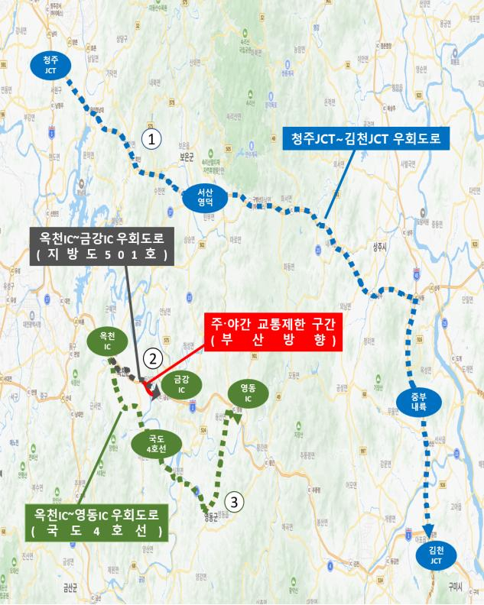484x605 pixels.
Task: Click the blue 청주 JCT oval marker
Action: (x=50, y=64)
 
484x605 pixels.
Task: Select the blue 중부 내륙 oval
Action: (x=417, y=403)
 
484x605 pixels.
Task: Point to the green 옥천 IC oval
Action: (x=106, y=341)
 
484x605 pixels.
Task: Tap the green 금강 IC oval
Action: (x=181, y=383)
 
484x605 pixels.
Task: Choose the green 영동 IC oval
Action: (x=248, y=393)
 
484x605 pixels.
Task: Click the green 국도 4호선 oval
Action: (x=156, y=444)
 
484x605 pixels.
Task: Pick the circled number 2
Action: (x=154, y=357)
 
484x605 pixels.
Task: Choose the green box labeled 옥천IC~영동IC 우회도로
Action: (x=96, y=522)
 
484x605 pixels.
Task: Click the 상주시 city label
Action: (x=380, y=246)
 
